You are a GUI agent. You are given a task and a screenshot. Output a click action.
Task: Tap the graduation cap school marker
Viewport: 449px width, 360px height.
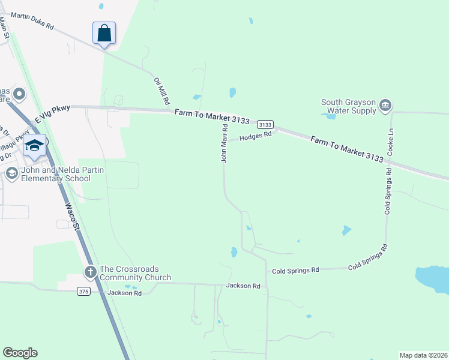[34, 146]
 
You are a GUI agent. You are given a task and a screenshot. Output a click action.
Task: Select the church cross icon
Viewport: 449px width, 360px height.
[90, 272]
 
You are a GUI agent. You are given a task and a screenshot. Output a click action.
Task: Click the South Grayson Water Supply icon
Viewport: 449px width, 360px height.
[385, 106]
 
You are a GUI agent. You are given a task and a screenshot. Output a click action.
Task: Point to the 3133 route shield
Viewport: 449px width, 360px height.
[265, 125]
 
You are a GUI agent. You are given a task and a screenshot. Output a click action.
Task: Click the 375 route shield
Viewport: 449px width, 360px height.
[84, 292]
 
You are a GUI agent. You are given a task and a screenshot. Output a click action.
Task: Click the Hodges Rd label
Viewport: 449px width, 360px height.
[256, 136]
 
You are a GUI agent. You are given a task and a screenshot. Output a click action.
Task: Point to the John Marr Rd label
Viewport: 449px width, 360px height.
[224, 143]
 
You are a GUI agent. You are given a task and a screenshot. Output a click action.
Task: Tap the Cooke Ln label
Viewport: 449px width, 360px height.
[390, 142]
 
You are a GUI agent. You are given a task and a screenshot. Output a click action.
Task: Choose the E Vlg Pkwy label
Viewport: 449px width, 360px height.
[52, 115]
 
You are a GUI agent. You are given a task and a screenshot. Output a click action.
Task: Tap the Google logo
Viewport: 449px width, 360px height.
[20, 353]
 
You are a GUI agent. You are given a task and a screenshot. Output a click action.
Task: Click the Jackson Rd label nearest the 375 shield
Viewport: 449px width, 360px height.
[124, 293]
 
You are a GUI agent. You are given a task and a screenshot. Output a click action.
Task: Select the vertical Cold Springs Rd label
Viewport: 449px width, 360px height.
[388, 191]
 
